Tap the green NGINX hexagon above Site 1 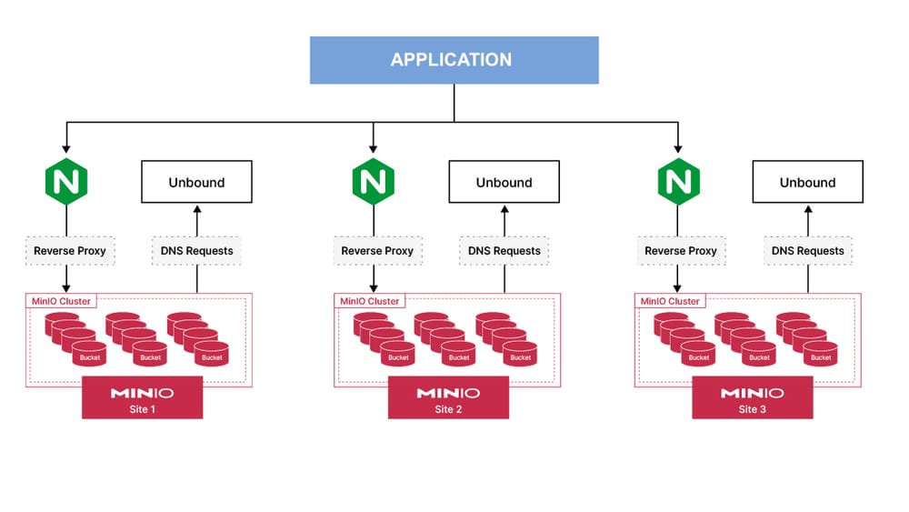click(x=66, y=182)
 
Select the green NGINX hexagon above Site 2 click(x=373, y=182)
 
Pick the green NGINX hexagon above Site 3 click(x=677, y=182)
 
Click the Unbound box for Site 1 click(x=196, y=182)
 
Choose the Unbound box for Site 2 click(x=504, y=182)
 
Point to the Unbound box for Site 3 click(x=807, y=182)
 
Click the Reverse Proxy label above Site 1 click(x=70, y=251)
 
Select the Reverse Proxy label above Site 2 click(x=377, y=251)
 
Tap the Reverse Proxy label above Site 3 click(x=681, y=251)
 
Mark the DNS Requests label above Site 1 click(x=196, y=251)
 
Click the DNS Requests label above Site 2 click(x=504, y=251)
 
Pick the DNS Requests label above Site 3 click(x=807, y=251)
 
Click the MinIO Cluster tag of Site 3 click(x=670, y=301)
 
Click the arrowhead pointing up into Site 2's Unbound click(x=504, y=208)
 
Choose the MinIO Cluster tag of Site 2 click(x=369, y=301)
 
